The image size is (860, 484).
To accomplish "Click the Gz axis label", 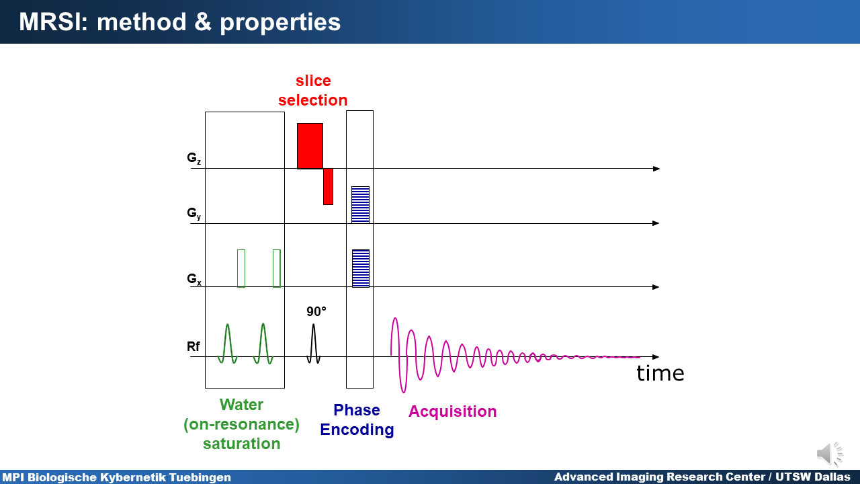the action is tap(194, 158).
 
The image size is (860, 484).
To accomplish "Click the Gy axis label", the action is tap(194, 214).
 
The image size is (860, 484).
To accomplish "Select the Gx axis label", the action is tap(194, 279).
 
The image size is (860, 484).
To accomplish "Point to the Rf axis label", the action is tap(193, 346).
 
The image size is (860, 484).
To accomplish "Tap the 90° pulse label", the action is tap(316, 311).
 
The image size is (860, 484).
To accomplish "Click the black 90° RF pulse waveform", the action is tap(314, 344).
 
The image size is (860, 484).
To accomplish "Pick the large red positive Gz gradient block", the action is tap(310, 146).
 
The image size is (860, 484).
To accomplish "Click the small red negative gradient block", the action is tap(328, 186).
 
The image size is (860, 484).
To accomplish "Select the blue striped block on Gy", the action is tap(361, 205).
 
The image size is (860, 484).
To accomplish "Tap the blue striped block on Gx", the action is tap(361, 268).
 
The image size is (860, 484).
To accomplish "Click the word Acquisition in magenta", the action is tap(452, 411).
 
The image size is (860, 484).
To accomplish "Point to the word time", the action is tap(660, 373).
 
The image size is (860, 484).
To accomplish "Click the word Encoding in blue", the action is tap(357, 430).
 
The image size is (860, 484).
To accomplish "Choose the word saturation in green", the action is tap(241, 444).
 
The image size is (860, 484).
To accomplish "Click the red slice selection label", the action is tap(313, 90).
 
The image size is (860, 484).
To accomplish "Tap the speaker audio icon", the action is tap(830, 454).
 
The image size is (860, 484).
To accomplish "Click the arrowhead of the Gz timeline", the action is tap(656, 169).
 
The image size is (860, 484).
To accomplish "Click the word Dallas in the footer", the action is tap(832, 477).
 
